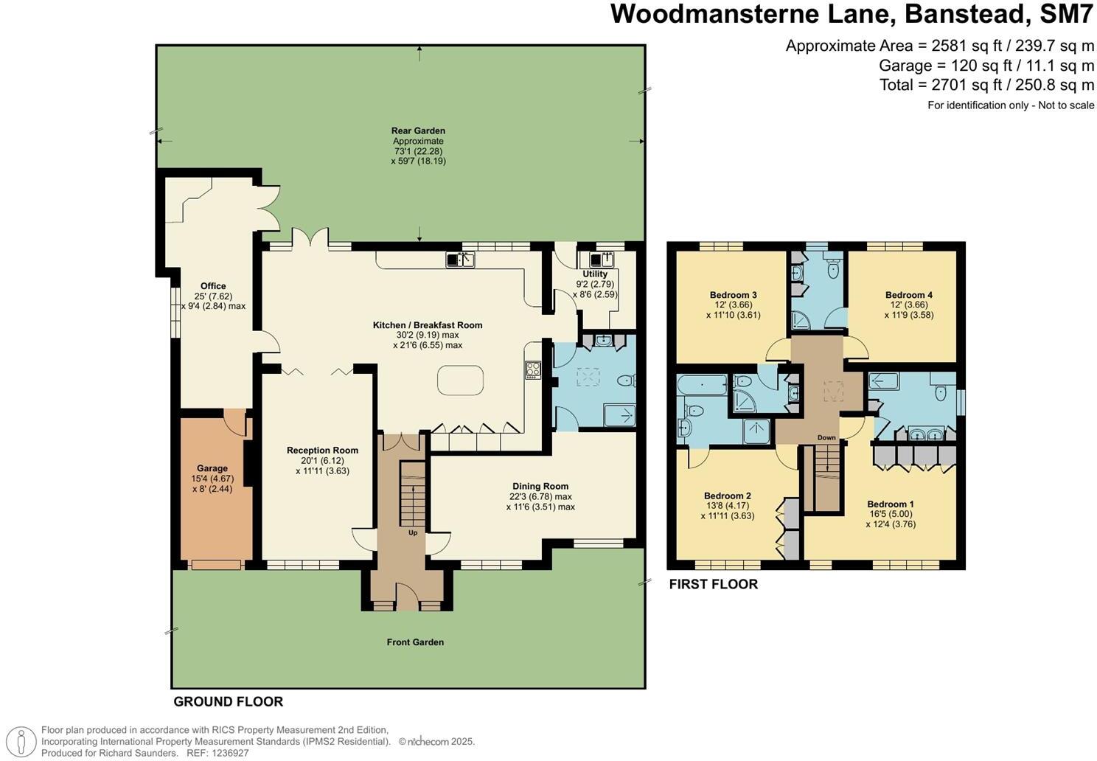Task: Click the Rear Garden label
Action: point(418,131)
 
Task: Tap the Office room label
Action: point(213,286)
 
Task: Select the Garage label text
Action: point(212,468)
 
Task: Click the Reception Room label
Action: point(322,451)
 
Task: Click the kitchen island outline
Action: point(461,380)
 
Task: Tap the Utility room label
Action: point(595,274)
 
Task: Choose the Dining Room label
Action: point(540,487)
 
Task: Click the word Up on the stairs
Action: point(413,532)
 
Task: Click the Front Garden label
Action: point(415,642)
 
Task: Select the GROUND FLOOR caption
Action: point(228,702)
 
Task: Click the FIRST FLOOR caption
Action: point(713,585)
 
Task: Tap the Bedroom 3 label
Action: point(734,295)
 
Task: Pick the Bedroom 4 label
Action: point(909,295)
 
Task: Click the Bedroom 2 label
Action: point(728,496)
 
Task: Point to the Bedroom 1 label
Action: point(891,504)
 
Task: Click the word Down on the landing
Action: point(826,438)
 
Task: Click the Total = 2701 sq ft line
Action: point(986,85)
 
